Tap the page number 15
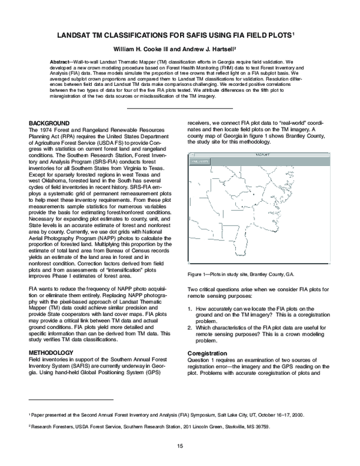tap(179, 446)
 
